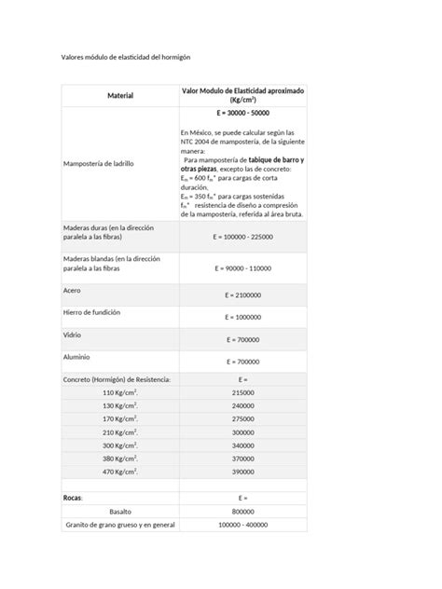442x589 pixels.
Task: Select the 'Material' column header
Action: [119, 96]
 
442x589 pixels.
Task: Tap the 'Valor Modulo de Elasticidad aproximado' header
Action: [242, 90]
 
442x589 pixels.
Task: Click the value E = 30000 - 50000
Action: [242, 113]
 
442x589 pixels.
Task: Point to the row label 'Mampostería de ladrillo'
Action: [98, 163]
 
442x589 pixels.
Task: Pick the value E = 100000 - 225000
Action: [242, 237]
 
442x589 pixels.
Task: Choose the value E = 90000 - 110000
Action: [242, 268]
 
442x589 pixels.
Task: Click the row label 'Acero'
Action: [72, 290]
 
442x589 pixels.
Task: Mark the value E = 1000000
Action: [242, 317]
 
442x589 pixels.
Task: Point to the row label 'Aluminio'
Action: [77, 357]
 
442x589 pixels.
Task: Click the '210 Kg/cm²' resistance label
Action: [120, 432]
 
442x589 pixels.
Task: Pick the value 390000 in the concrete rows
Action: [242, 472]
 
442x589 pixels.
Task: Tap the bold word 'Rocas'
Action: [74, 498]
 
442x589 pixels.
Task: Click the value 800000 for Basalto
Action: [242, 512]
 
